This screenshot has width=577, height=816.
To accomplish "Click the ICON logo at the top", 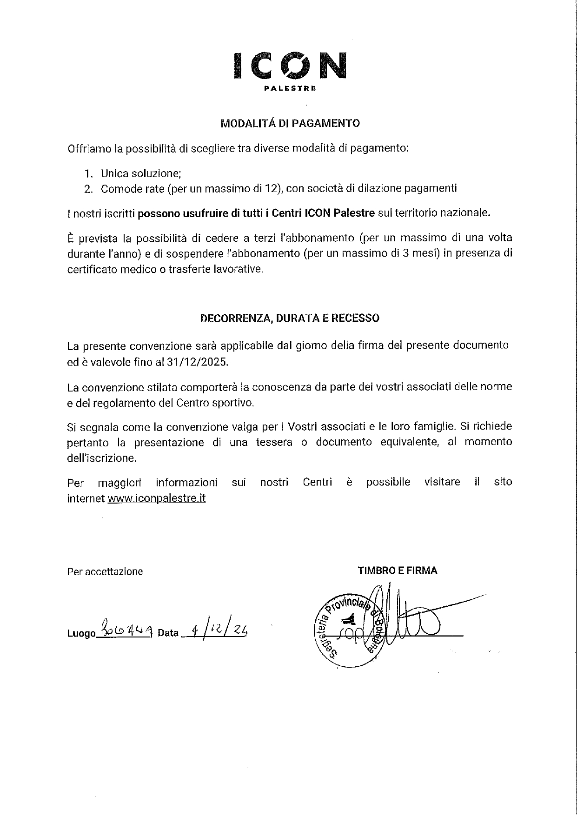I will [290, 65].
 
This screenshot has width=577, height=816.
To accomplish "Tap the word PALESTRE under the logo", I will [290, 88].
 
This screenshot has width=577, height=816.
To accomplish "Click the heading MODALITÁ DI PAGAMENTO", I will [290, 123].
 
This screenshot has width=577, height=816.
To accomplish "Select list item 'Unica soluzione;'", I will [141, 173].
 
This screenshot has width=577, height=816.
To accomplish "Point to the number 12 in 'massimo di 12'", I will [273, 188].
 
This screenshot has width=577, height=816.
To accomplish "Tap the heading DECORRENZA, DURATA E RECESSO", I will [290, 318].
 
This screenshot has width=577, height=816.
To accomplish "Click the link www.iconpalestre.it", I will [157, 498].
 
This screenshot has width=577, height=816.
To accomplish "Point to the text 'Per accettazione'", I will [105, 571].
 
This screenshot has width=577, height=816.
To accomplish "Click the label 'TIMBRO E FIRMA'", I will [398, 570].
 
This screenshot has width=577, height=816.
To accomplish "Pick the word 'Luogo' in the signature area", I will [81, 633].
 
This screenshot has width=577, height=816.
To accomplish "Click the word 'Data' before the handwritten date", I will [168, 633].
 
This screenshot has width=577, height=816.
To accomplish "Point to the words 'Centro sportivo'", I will [215, 403].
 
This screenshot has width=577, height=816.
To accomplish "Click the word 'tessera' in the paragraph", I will [274, 442].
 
